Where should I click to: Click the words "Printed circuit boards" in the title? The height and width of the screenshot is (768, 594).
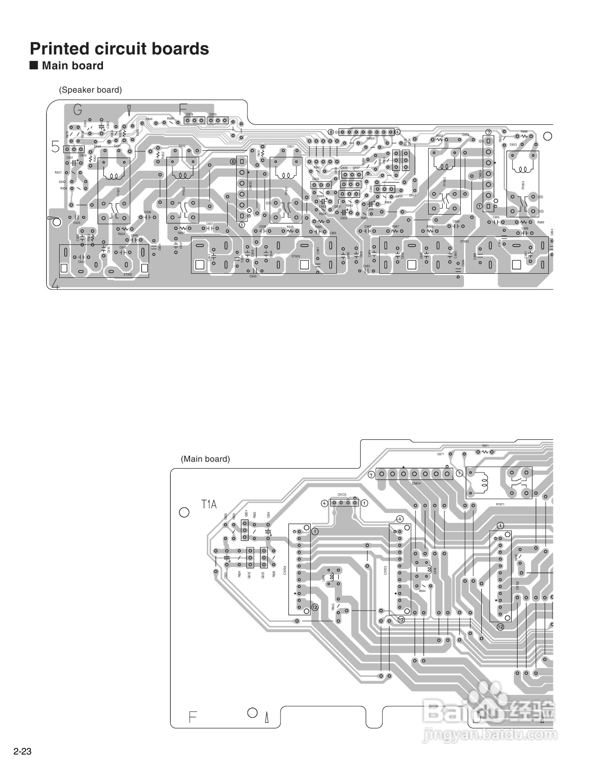(x=119, y=49)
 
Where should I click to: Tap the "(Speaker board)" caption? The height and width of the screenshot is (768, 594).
(x=90, y=90)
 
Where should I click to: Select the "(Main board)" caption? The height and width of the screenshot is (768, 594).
(x=205, y=459)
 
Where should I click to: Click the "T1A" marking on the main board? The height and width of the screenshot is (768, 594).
(x=209, y=504)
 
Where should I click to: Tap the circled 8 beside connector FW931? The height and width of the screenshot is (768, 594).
(x=331, y=132)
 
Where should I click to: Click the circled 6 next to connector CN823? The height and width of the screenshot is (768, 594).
(x=233, y=162)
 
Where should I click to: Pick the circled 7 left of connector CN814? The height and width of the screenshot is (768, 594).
(x=371, y=475)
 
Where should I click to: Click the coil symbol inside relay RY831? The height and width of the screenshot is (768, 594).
(x=114, y=176)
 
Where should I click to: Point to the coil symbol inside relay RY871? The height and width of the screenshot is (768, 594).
(x=483, y=480)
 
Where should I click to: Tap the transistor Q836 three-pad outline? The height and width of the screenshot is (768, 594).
(x=194, y=121)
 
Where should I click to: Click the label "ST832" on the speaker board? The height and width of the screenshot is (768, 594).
(x=128, y=275)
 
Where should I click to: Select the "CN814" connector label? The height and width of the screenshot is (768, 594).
(x=416, y=483)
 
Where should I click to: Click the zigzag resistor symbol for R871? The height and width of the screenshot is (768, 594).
(x=485, y=451)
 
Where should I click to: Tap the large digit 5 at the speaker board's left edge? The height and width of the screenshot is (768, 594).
(x=55, y=148)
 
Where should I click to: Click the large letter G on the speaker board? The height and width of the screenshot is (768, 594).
(x=78, y=110)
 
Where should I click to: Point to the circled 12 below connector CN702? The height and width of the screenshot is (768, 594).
(x=500, y=627)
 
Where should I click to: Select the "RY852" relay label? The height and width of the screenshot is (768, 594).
(x=445, y=182)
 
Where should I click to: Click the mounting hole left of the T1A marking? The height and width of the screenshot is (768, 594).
(x=184, y=512)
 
